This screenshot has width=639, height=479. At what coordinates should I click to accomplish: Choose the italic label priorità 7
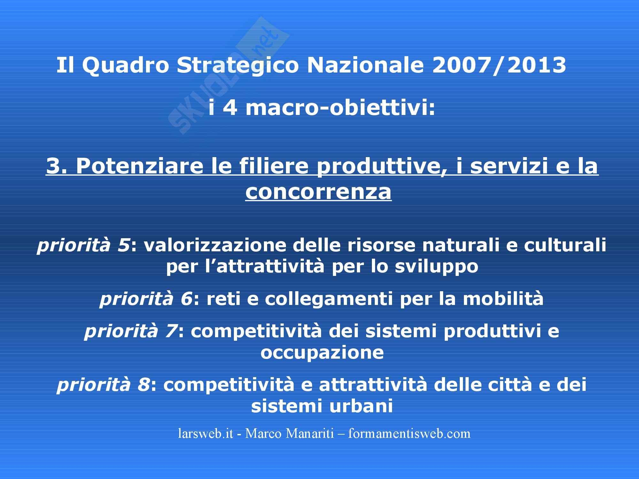coord(131,331)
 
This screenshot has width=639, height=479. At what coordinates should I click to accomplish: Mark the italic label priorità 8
coord(103,385)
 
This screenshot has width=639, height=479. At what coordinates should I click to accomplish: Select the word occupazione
coord(322,353)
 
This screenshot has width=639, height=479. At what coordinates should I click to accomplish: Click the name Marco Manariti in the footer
coord(289,434)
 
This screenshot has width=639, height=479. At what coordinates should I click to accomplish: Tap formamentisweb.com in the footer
coord(409,434)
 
